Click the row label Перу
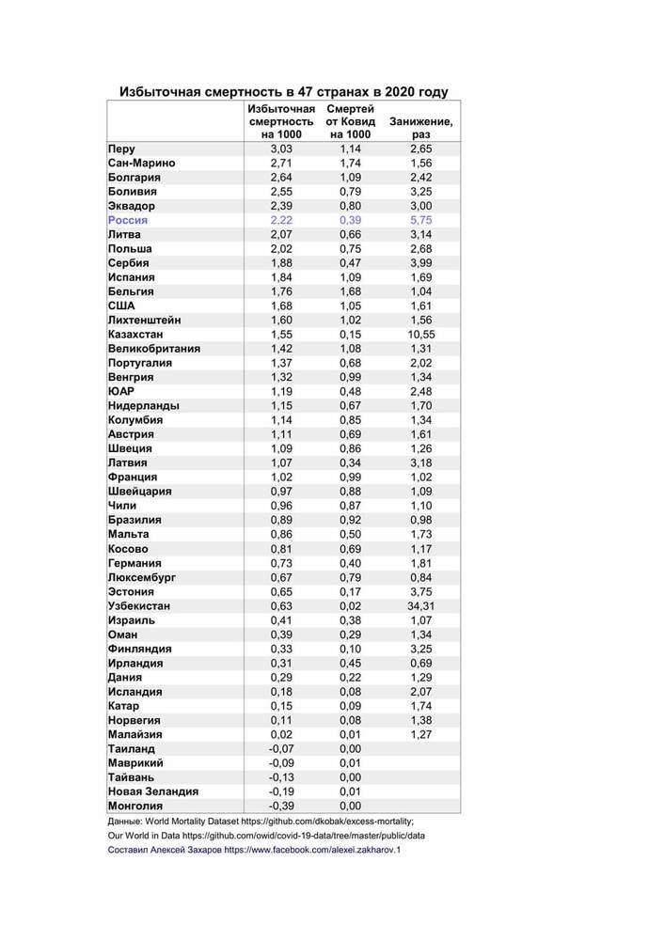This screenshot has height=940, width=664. pos(121,149)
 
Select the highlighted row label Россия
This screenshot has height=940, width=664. pos(128,220)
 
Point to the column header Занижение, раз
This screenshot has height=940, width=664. pos(420,128)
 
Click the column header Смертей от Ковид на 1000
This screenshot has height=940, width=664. pos(350,121)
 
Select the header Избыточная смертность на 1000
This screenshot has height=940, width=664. pos(281,121)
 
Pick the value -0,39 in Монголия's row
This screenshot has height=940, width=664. pos(281,806)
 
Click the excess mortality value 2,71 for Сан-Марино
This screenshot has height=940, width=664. pos(281,163)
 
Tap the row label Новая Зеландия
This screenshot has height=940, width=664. pos(153,791)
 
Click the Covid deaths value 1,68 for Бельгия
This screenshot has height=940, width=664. pos(350,291)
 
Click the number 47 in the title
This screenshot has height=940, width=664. pos(307,92)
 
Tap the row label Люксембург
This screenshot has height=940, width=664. pos(142,577)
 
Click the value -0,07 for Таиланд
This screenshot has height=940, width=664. pos(281,748)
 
